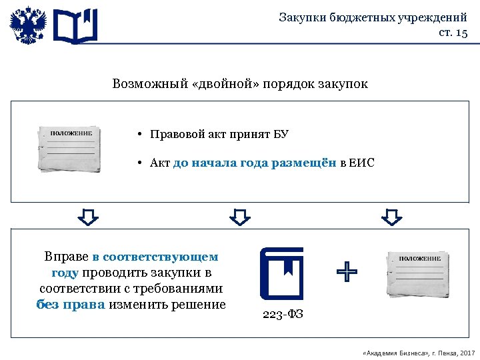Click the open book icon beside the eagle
(x=75, y=26)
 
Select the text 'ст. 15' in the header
(x=453, y=33)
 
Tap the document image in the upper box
(x=69, y=148)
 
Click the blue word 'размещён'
(x=304, y=163)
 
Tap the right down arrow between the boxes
(x=392, y=216)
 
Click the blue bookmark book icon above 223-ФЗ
(x=281, y=273)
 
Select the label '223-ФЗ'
(x=283, y=314)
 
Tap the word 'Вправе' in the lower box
(x=66, y=256)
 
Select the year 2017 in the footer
(x=467, y=352)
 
